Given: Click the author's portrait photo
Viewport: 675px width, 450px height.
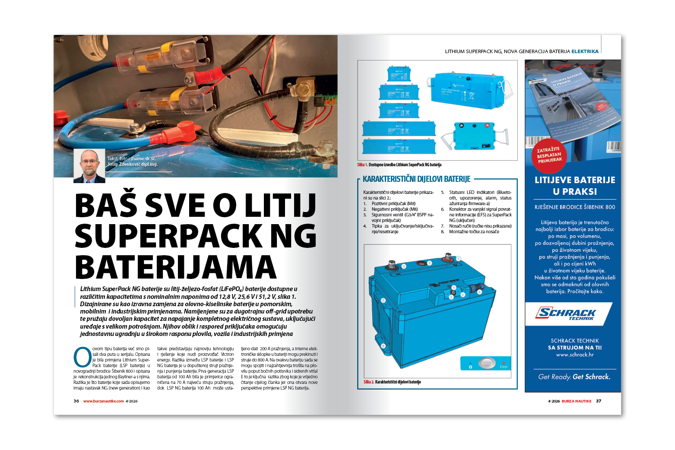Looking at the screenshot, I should [x=89, y=166].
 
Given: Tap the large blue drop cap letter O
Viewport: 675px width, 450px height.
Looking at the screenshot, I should [x=82, y=357].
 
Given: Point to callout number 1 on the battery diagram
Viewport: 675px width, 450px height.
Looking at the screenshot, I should [x=458, y=259].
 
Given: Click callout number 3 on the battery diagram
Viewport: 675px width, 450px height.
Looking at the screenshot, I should [x=429, y=263].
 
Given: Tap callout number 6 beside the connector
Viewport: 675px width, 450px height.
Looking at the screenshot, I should [x=479, y=292].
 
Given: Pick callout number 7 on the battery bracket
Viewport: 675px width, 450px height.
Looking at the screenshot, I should [x=383, y=301].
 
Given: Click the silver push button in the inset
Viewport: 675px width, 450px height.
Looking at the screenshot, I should [x=487, y=363].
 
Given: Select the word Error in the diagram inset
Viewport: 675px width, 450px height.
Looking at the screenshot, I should [x=504, y=367].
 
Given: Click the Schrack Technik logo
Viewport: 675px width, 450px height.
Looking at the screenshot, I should [x=566, y=314].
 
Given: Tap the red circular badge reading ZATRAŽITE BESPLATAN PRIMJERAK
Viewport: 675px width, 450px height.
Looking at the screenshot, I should [x=549, y=155].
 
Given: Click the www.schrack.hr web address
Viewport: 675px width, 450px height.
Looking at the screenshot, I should [x=575, y=355].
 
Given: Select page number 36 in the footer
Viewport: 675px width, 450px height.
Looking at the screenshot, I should [x=76, y=401].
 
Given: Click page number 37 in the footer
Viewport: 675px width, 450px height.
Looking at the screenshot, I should [x=599, y=401].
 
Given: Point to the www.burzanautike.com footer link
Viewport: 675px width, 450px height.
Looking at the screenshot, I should [x=103, y=401].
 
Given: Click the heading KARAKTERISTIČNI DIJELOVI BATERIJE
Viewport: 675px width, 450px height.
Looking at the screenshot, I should [x=416, y=179].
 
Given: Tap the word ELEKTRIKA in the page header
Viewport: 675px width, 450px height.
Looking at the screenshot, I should [x=585, y=51].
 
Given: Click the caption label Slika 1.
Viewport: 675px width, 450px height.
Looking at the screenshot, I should [x=362, y=165].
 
